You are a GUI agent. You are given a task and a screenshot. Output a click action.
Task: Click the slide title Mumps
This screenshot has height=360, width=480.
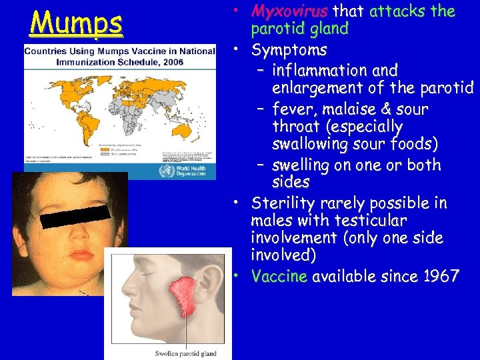pos(76,23)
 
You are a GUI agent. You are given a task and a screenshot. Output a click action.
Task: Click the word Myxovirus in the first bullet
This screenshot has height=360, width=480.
pos(289,11)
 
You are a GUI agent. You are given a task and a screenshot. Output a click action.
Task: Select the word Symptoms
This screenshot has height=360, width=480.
pos(289,50)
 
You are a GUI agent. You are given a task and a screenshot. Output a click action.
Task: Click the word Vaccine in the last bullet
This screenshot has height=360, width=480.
pos(279,276)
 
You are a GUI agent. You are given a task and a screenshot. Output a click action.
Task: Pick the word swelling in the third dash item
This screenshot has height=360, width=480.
pos(305,165)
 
